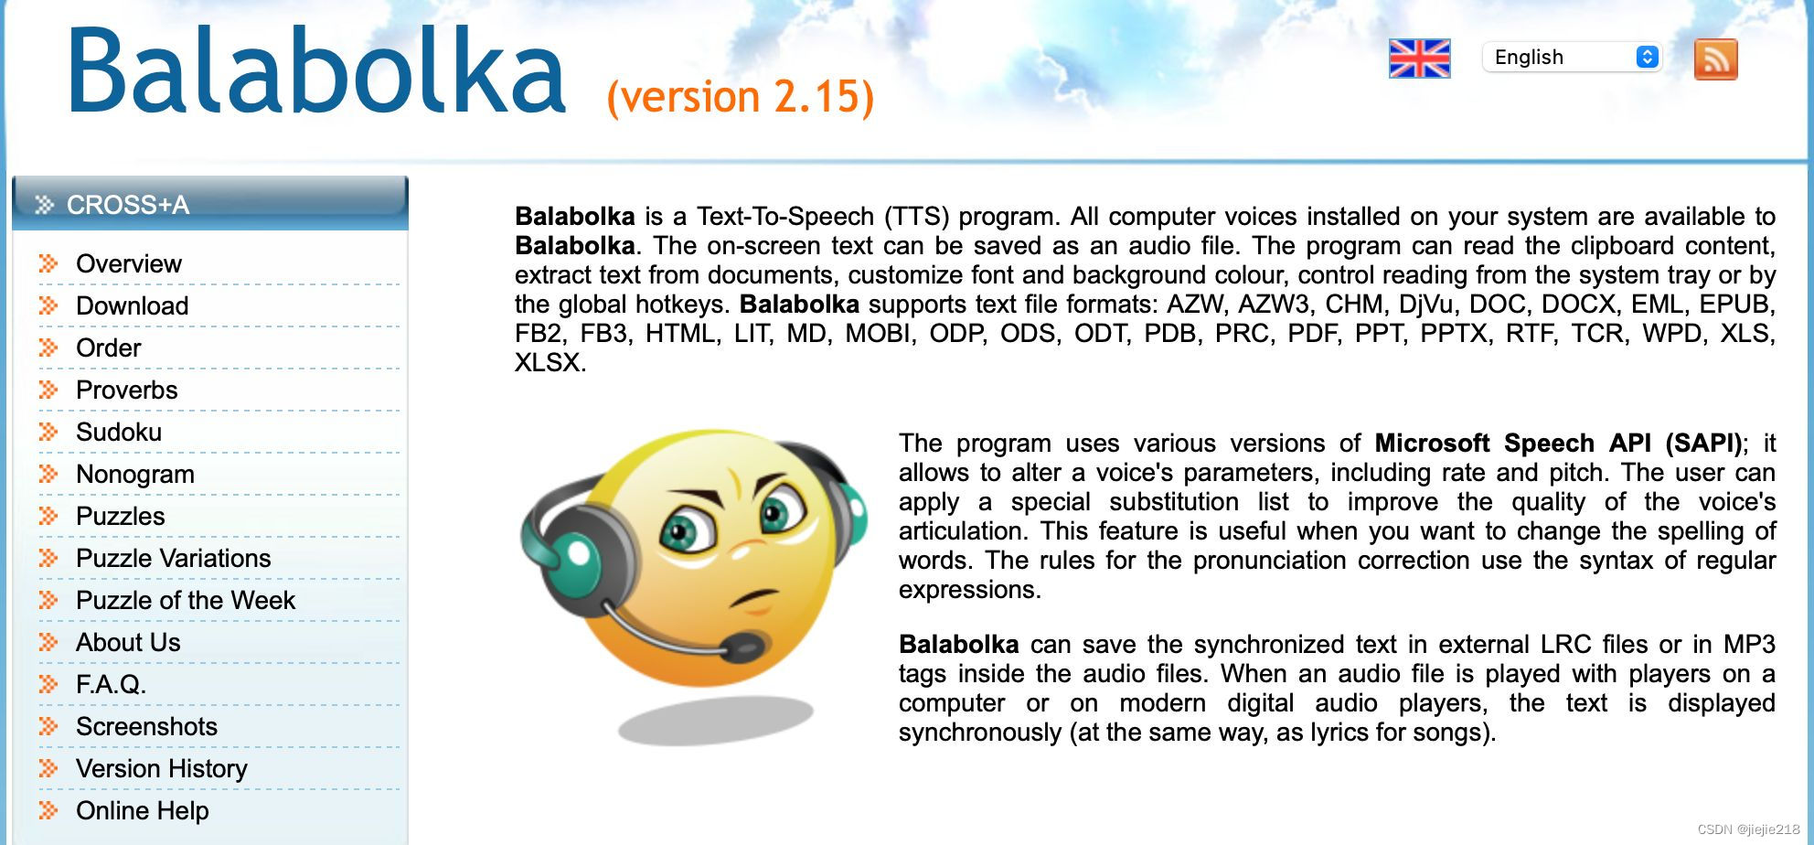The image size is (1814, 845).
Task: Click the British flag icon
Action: [1419, 59]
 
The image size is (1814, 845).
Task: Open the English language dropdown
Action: [1572, 57]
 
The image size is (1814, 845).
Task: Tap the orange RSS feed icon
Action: [1715, 59]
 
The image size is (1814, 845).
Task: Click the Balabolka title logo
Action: [316, 71]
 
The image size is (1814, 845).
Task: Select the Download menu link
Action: [133, 305]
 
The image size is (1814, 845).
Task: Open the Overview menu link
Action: [129, 263]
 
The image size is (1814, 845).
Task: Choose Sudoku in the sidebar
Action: [119, 432]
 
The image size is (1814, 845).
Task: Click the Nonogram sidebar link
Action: [135, 474]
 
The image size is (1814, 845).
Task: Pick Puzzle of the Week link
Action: [186, 600]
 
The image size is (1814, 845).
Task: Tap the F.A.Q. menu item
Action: [111, 684]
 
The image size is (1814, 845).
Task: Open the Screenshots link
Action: [146, 726]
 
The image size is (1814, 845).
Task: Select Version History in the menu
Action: [162, 768]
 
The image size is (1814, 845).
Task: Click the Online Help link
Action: [143, 810]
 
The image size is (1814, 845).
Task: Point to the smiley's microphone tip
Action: [745, 647]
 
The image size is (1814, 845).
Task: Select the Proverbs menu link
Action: [127, 390]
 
